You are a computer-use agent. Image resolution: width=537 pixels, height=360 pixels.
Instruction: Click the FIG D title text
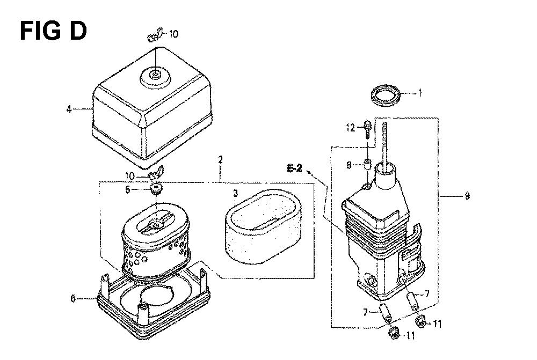point(53,31)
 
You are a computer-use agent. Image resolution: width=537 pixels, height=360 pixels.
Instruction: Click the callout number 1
point(420,93)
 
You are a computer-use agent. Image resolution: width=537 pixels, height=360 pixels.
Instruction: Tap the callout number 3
point(235,194)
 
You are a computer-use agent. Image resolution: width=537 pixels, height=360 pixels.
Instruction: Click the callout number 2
point(220,159)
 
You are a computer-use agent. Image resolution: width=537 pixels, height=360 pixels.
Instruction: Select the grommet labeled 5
point(156,188)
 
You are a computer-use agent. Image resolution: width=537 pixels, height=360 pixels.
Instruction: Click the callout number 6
point(72,298)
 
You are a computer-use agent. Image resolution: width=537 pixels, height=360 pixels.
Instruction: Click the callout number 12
point(351,128)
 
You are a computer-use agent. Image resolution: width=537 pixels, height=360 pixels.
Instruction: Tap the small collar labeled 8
point(367,164)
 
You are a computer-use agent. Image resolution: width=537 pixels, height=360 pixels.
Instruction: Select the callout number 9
point(467,196)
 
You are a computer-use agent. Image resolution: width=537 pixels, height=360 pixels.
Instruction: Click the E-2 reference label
point(294,168)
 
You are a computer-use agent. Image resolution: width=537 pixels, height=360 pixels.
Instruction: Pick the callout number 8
point(349,165)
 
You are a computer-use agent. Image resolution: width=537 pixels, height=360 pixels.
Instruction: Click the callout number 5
point(128,189)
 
